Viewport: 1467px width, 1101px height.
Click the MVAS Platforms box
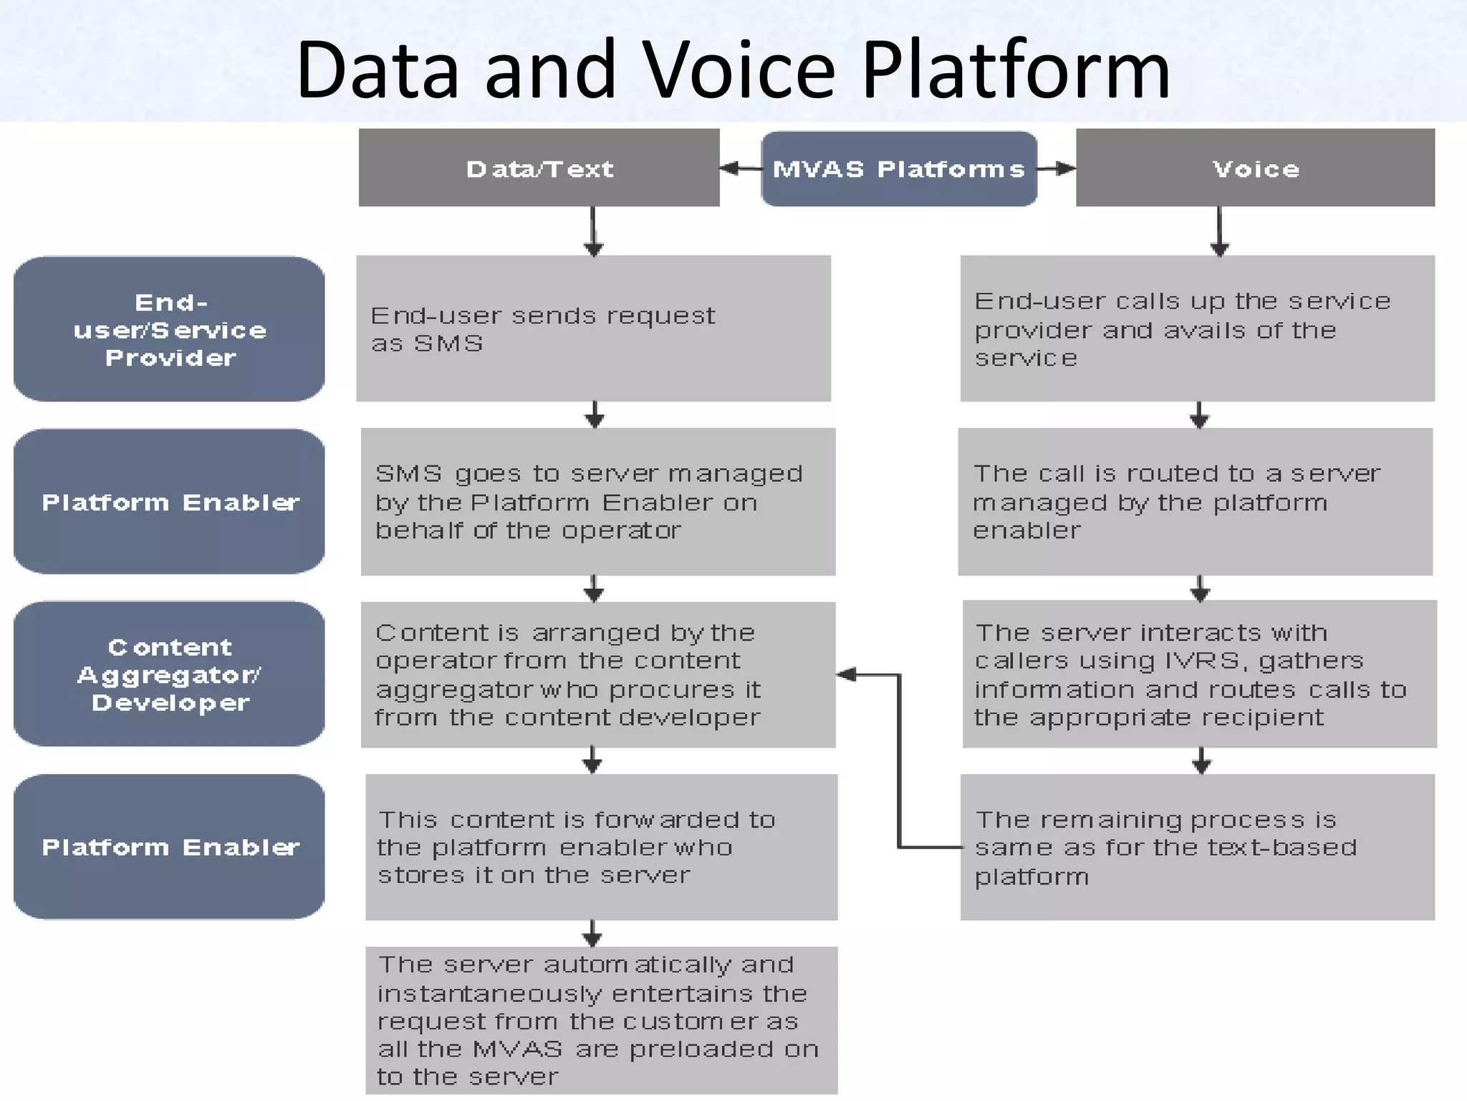pyautogui.click(x=898, y=169)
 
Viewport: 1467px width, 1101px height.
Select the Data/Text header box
pyautogui.click(x=539, y=168)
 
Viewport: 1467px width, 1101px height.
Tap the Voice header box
pyautogui.click(x=1255, y=168)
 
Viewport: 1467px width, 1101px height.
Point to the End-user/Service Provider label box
pyautogui.click(x=169, y=329)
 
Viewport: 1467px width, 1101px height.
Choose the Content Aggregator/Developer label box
pyautogui.click(x=169, y=674)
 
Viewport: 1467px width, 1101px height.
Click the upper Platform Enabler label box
pyautogui.click(x=169, y=502)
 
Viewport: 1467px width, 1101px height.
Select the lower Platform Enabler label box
pyautogui.click(x=169, y=847)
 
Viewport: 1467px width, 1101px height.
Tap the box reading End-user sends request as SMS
pyautogui.click(x=593, y=328)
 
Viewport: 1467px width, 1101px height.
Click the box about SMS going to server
pyautogui.click(x=597, y=502)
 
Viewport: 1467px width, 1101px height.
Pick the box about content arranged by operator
pyautogui.click(x=597, y=675)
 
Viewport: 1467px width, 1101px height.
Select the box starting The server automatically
pyautogui.click(x=600, y=1019)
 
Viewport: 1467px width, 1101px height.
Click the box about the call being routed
pyautogui.click(x=1195, y=502)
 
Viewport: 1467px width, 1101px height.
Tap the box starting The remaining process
pyautogui.click(x=1197, y=847)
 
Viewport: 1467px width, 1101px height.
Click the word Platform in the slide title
pyautogui.click(x=1016, y=70)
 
